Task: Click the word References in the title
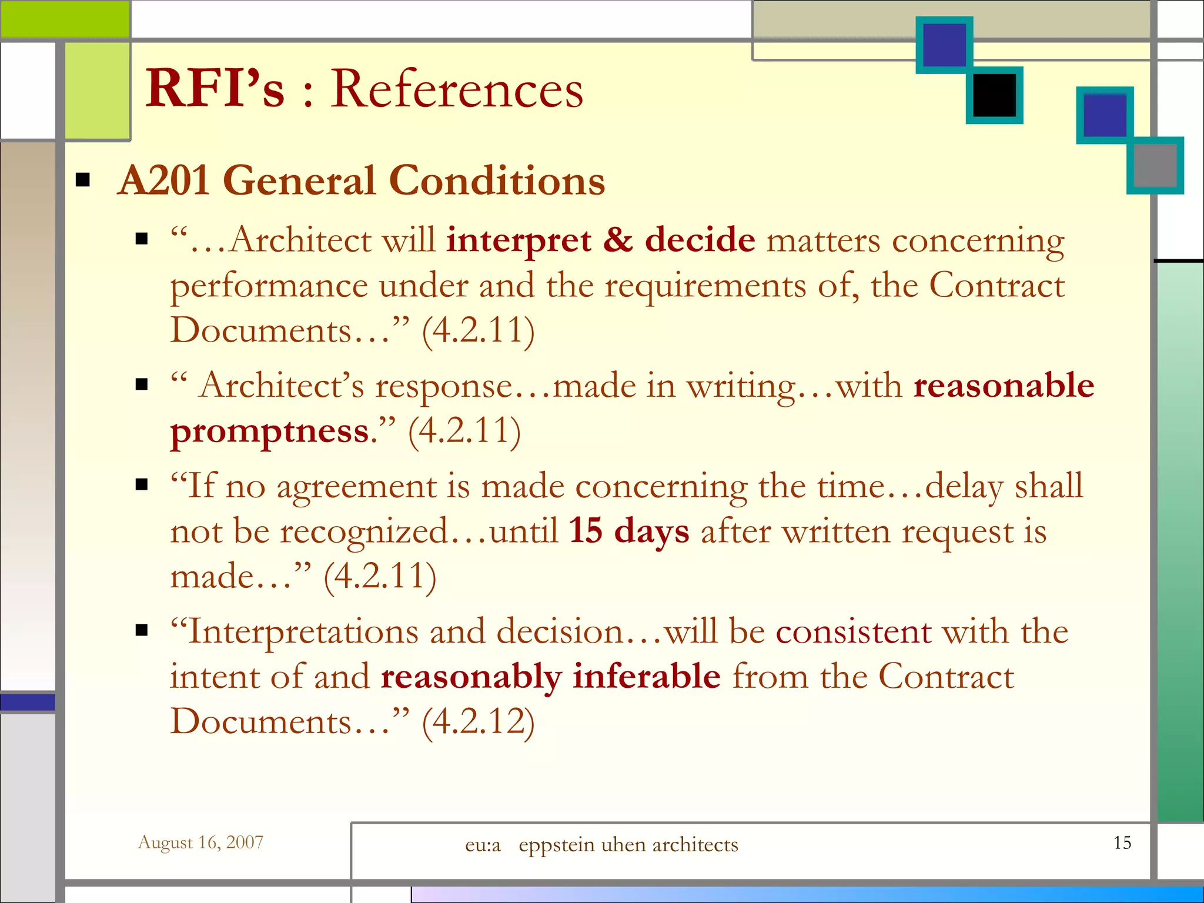[x=456, y=89]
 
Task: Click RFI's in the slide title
[x=215, y=89]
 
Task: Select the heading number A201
[x=164, y=180]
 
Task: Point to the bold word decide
[x=700, y=240]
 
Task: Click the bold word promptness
[x=270, y=432]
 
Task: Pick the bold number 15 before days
[x=586, y=531]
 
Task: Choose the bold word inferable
[x=647, y=676]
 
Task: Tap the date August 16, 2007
[x=200, y=842]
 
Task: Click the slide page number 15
[x=1122, y=843]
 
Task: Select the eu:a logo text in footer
[x=483, y=845]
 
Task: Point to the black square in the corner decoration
[x=994, y=95]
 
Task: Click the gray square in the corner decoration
[x=1155, y=165]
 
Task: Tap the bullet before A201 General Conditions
[x=83, y=180]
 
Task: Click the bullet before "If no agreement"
[x=142, y=486]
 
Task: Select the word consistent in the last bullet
[x=854, y=632]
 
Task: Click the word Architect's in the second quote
[x=282, y=386]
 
